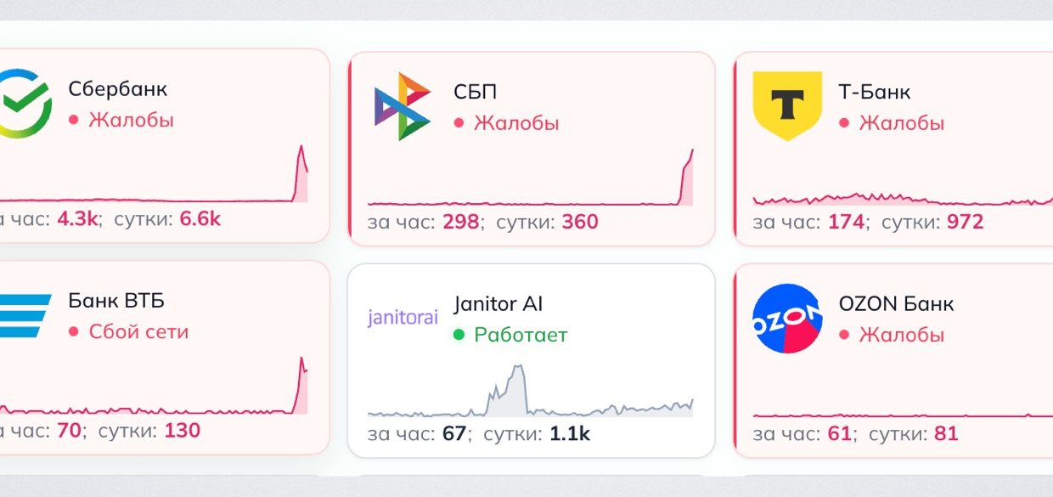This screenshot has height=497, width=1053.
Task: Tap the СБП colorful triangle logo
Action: pos(402,106)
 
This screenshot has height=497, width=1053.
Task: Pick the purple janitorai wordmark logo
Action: pos(403,318)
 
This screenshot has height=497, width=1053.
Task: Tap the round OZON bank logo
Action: pos(787,318)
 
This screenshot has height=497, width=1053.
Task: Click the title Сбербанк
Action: pos(117,89)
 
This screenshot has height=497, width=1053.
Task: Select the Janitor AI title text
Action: pos(498,303)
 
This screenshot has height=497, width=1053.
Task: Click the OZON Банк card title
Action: pos(896,303)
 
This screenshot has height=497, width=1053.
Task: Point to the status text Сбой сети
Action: pos(138,331)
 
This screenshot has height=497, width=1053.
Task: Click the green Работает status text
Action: pos(520,335)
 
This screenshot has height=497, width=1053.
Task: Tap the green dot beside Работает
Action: pos(459,335)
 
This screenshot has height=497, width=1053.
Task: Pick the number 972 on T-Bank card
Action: pos(965,223)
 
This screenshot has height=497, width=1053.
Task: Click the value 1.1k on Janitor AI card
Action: pos(569,434)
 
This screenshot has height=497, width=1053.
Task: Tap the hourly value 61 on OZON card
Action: pos(839,434)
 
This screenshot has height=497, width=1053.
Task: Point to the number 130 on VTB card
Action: pos(182,431)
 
